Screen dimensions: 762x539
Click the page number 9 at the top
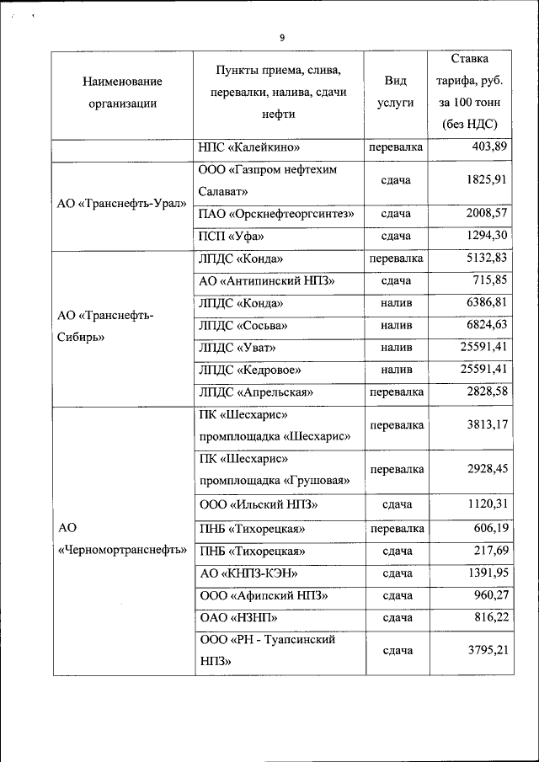point(281,38)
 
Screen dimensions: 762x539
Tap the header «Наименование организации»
point(122,93)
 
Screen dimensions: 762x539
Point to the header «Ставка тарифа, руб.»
point(469,81)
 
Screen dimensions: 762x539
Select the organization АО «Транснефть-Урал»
point(122,205)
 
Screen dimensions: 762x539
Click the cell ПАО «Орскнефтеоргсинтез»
point(276,214)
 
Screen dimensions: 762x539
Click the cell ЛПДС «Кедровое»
point(249,369)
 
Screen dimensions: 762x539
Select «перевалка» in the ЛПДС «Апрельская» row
point(396,392)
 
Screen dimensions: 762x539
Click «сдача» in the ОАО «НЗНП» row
point(396,617)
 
